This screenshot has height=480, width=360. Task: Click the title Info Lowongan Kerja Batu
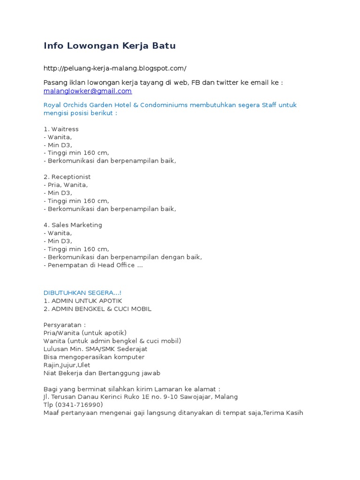(x=110, y=46)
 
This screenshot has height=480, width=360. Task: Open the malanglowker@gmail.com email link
(x=88, y=91)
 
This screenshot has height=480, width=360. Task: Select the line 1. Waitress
(x=61, y=129)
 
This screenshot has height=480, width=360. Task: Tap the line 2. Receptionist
(x=67, y=177)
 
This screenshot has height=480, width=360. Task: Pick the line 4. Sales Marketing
(x=73, y=225)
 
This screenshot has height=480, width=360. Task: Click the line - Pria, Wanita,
(x=66, y=185)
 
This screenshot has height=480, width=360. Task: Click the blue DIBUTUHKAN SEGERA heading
(x=82, y=292)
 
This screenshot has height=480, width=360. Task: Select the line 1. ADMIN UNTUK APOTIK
(x=83, y=300)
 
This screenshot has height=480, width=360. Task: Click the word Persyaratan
(x=63, y=325)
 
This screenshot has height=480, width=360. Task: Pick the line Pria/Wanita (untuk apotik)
(x=85, y=333)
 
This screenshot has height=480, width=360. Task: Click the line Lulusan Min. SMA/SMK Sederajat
(x=95, y=349)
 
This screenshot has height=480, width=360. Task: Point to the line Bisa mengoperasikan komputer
(x=94, y=357)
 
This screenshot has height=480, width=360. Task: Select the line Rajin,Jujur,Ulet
(x=67, y=365)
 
